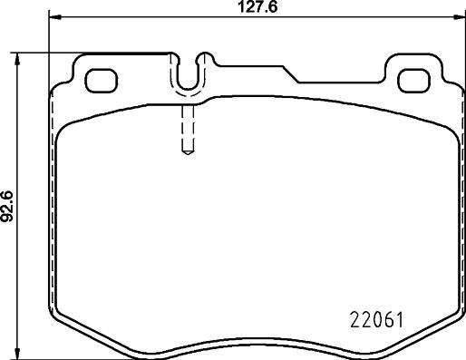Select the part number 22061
point(375,320)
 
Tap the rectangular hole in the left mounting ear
point(98,80)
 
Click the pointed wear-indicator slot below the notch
point(187,131)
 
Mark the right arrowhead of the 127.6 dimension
point(456,18)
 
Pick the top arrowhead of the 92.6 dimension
point(19,56)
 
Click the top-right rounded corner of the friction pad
point(444,127)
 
